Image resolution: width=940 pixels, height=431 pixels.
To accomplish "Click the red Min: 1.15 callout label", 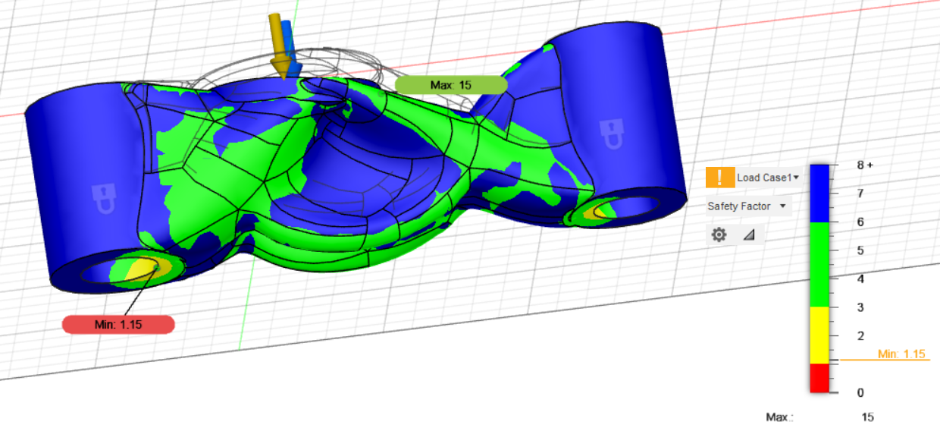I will click(x=118, y=325).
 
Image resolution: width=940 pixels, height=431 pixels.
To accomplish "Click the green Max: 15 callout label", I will click(x=450, y=85).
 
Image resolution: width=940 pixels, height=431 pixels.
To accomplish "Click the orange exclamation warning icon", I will click(x=719, y=178).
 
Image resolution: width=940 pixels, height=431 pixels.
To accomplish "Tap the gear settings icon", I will click(x=719, y=235).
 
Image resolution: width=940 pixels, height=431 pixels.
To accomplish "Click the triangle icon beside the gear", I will click(x=749, y=235).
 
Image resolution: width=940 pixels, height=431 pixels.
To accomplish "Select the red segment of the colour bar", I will click(x=819, y=378).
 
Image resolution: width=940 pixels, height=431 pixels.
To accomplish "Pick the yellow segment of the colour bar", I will click(x=819, y=335).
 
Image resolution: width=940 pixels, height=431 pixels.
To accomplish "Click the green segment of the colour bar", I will click(x=819, y=264).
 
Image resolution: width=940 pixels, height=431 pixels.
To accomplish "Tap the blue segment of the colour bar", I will click(x=819, y=193).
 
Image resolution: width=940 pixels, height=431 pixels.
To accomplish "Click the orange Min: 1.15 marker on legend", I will click(x=901, y=354).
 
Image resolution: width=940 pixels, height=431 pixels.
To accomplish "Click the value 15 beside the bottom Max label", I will click(x=867, y=417).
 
